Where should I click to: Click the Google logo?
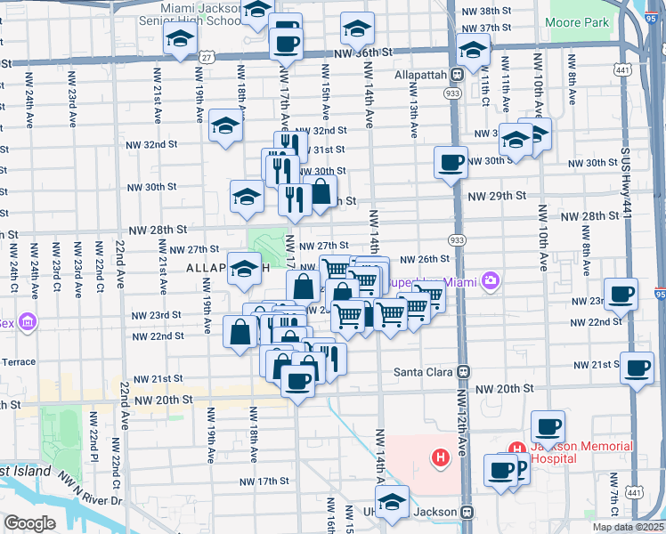[29, 522]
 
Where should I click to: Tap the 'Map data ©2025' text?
[627, 527]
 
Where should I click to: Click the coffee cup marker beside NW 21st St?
[636, 367]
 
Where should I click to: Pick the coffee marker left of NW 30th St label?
[451, 162]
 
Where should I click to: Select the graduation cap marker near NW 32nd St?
[226, 125]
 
